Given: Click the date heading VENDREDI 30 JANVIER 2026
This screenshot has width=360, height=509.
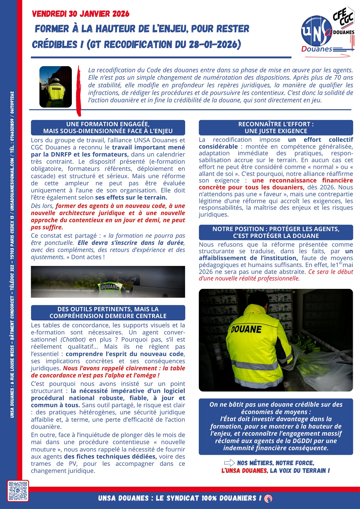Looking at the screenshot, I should [81, 14].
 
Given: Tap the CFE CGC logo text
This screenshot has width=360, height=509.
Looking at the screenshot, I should [343, 16].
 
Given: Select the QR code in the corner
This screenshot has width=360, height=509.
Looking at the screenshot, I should [18, 491].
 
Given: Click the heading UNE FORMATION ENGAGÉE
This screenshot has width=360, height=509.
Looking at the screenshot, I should [108, 124].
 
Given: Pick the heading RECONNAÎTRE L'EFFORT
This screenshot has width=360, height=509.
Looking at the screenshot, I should [276, 124].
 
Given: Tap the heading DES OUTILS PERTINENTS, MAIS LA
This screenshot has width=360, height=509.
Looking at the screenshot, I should [108, 309].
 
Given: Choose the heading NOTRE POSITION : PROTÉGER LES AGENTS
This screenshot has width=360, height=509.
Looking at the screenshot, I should [276, 229].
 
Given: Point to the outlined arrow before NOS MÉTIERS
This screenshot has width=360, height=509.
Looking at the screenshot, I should [229, 463].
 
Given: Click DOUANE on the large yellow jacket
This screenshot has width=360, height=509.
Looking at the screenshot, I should [246, 329].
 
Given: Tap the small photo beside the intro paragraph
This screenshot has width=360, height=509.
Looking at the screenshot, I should [56, 87].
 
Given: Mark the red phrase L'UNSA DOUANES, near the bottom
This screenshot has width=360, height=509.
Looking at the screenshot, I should [245, 471].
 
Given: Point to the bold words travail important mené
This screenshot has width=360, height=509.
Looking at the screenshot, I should [149, 147].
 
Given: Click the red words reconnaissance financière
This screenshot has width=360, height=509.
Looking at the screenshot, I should [302, 180].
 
